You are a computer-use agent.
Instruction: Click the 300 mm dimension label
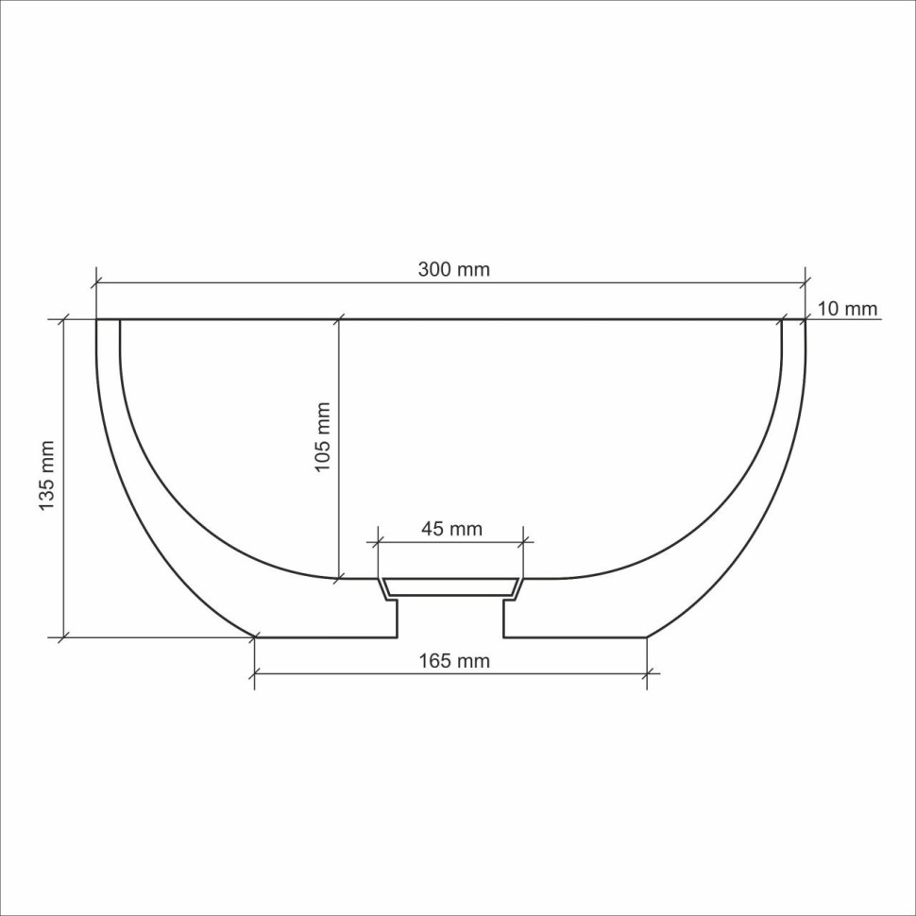coord(454,269)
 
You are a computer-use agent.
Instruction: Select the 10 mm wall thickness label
coord(847,309)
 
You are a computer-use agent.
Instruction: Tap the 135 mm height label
coord(46,477)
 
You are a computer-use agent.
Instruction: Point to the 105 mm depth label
coord(323,437)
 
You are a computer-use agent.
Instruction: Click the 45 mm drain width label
coord(451,529)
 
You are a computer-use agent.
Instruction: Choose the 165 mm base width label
coord(454,661)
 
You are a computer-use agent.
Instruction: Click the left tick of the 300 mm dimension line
coord(96,281)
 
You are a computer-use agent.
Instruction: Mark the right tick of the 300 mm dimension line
coord(806,281)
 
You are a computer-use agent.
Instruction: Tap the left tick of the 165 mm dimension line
coord(254,673)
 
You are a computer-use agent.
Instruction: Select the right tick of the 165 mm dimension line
coord(647,673)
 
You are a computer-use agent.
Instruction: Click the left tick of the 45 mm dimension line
coord(378,542)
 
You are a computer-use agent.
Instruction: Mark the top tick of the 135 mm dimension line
coord(63,319)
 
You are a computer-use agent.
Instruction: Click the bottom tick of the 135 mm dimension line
coord(63,637)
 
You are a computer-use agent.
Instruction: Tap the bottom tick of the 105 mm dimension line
coord(339,578)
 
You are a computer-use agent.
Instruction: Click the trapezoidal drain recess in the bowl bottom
coord(450,587)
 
